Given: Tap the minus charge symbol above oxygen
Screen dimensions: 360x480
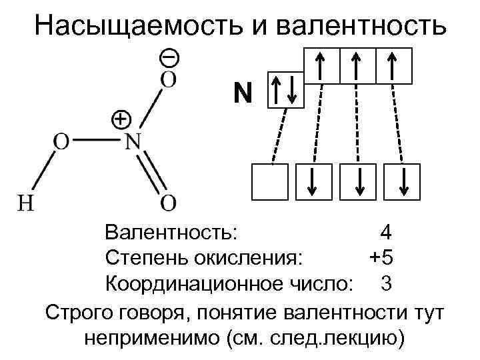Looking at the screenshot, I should point(169,58).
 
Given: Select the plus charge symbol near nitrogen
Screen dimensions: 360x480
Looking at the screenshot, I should point(119,119).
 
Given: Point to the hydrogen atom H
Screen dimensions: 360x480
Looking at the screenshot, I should point(25,202).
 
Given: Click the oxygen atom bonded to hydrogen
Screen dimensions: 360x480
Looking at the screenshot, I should point(61,141).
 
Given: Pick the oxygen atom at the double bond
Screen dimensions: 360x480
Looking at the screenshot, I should point(169,201).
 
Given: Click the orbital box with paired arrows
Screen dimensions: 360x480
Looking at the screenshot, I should point(286,91).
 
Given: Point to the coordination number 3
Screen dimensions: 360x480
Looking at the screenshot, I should point(386,283).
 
